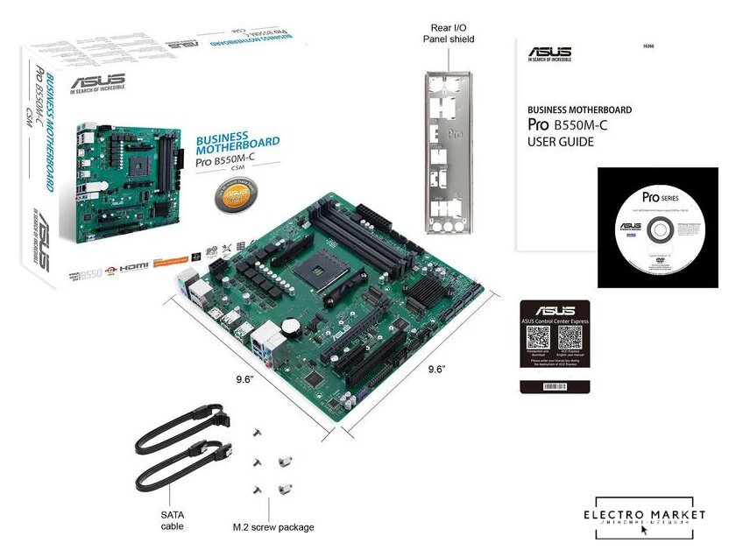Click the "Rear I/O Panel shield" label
(449, 32)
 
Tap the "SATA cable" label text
(173, 518)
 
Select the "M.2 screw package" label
(272, 526)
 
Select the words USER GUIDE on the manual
(560, 141)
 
